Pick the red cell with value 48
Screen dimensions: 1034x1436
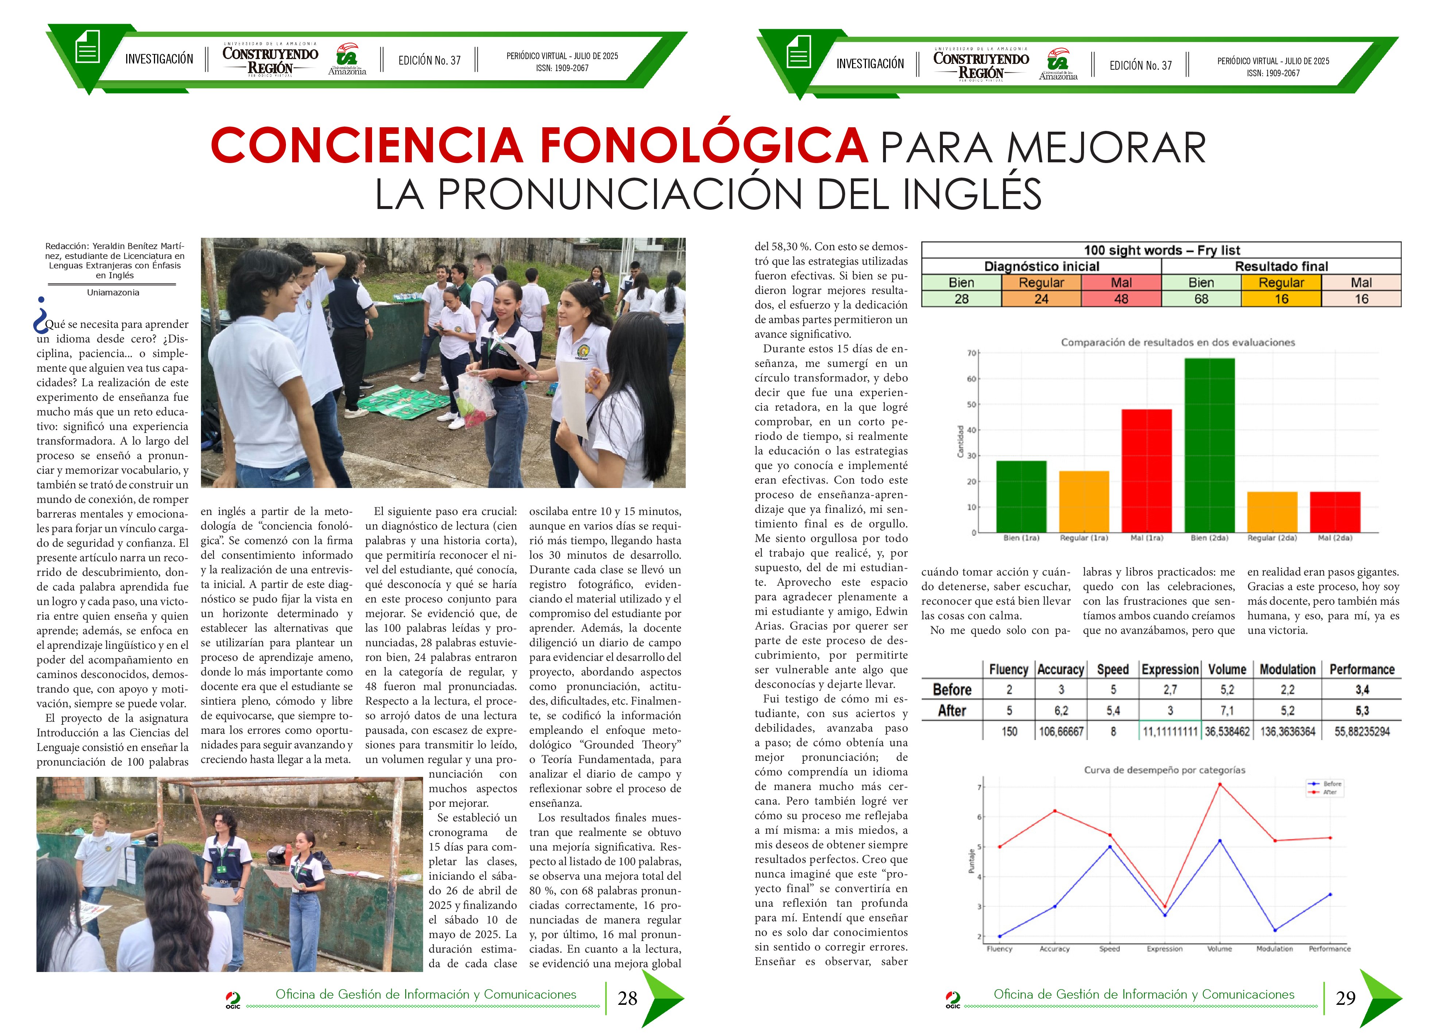click(1121, 299)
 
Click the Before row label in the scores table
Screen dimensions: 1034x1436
click(952, 690)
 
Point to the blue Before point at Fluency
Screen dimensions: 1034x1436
click(1000, 936)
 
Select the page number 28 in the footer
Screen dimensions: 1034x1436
click(627, 999)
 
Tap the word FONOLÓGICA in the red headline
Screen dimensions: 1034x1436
click(703, 146)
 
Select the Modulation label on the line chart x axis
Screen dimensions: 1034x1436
click(1274, 949)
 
